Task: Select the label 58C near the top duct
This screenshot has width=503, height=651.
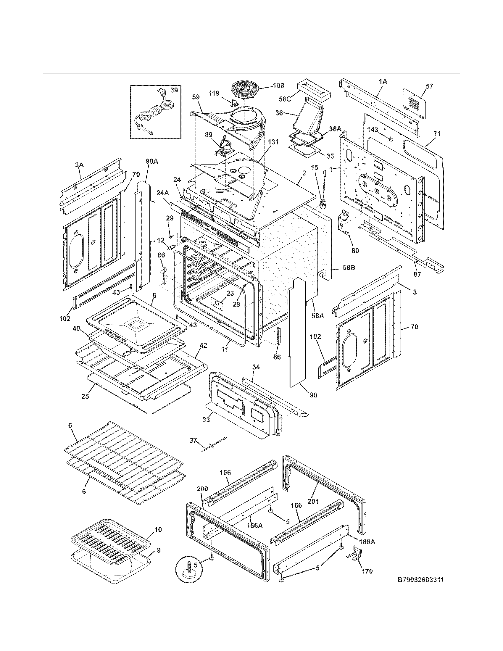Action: [285, 99]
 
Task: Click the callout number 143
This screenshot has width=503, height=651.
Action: [373, 130]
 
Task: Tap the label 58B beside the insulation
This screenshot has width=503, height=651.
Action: [348, 268]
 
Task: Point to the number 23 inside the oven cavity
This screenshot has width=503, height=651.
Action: [230, 293]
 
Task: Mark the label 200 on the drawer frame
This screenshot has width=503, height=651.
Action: [202, 489]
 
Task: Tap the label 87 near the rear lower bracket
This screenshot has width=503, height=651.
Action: [417, 274]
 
